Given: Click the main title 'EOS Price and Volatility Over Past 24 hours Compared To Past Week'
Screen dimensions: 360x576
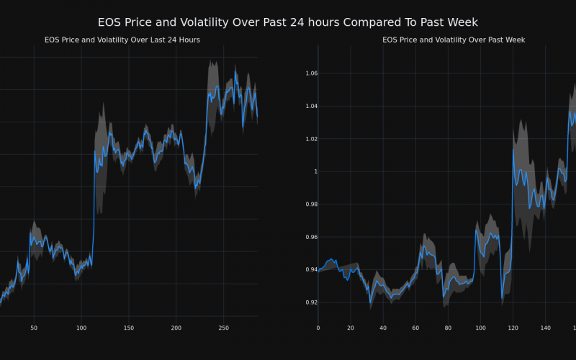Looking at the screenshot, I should coord(287,22).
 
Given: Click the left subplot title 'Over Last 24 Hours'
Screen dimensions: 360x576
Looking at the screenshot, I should coord(122,40).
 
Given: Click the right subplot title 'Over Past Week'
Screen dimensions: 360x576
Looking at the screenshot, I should coord(453,40).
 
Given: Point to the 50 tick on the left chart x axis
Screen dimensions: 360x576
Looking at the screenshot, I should coord(34,328).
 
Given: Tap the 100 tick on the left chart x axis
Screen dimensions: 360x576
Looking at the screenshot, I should coord(81,328).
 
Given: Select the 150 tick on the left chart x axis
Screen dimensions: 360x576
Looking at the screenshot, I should coord(128,328).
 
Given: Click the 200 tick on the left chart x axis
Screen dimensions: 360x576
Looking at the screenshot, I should coord(176,328).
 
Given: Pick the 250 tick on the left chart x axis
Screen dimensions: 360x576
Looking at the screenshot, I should coord(223,328).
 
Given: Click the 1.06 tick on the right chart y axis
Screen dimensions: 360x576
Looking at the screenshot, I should coord(310,73).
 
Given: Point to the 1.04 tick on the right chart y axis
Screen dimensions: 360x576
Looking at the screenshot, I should coord(310,106).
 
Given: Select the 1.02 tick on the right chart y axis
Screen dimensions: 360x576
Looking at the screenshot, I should coord(310,139).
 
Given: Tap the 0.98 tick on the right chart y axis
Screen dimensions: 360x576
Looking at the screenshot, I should coord(310,204).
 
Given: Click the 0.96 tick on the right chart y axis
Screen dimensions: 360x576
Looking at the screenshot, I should coord(310,237).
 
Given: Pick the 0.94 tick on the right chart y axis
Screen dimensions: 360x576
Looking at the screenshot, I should coord(310,269).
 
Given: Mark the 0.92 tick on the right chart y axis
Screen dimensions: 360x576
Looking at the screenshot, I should coord(310,302).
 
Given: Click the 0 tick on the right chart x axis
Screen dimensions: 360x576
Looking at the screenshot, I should coord(318,328).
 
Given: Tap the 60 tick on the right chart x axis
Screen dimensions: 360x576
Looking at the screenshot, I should coord(415,328).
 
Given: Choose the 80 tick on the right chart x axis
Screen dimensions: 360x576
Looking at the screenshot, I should coord(448,328).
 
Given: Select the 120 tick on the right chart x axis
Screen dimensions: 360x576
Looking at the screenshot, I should coord(513,328).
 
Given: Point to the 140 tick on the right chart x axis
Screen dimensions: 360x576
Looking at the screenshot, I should coord(545,328).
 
